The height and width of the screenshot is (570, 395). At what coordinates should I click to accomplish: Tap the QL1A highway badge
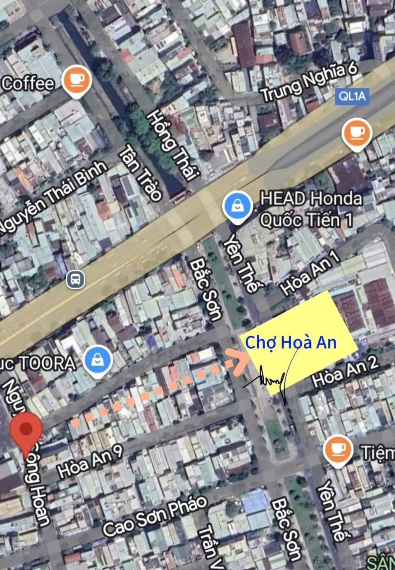pyautogui.click(x=352, y=96)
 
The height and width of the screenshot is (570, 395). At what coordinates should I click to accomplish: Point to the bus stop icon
pyautogui.click(x=75, y=279)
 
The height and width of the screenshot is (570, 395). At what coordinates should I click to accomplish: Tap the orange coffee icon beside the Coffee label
pyautogui.click(x=77, y=80)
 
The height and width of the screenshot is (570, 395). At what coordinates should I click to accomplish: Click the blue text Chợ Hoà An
pyautogui.click(x=291, y=342)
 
